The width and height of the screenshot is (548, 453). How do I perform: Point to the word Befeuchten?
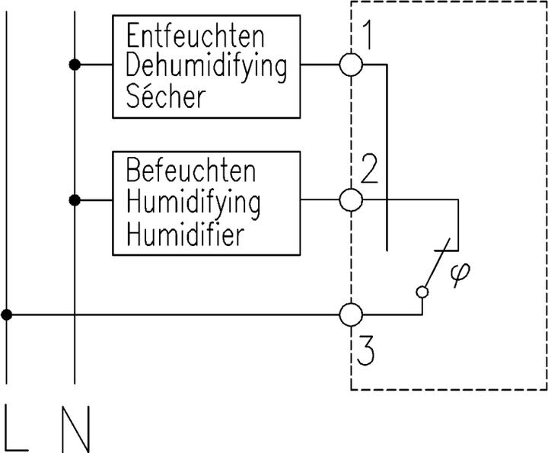point(191,172)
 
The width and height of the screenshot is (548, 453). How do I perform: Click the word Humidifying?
point(193,203)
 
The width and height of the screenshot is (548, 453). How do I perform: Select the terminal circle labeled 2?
point(351,201)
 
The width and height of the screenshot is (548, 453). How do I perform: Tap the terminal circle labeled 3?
point(351,314)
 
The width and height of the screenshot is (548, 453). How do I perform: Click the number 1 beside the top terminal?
point(367,37)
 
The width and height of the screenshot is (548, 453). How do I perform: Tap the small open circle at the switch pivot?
point(423,292)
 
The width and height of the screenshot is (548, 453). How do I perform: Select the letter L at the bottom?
point(15,429)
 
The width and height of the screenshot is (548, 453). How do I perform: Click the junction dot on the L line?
point(6,314)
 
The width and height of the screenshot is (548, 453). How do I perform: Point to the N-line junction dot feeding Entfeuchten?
point(75,65)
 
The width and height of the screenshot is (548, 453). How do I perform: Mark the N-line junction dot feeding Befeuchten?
point(75,201)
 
